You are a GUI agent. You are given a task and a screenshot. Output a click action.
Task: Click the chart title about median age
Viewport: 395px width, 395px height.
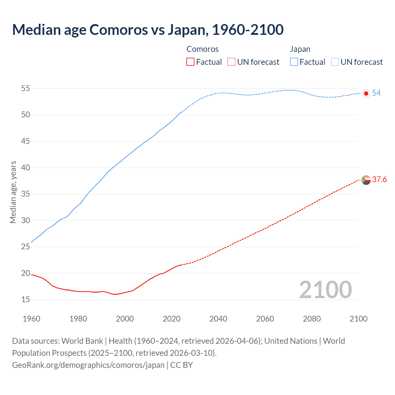(x=148, y=30)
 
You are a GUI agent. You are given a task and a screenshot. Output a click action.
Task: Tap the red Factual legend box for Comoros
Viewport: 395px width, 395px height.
(x=190, y=62)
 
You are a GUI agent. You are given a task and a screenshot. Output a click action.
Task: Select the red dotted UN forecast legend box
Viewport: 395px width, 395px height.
(x=231, y=62)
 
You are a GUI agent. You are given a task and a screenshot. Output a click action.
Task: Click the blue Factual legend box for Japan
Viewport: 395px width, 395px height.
(x=294, y=62)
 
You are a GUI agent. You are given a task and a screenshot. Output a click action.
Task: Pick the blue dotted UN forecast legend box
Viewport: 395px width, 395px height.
(x=335, y=62)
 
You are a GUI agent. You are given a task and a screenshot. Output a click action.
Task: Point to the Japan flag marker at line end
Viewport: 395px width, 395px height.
(x=366, y=94)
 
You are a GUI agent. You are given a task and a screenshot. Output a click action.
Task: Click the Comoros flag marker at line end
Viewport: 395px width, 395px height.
(x=366, y=180)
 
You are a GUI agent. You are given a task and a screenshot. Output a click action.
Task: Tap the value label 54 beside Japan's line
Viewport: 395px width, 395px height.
(x=376, y=93)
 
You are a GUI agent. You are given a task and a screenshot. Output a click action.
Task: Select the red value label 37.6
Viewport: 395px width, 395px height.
(x=379, y=180)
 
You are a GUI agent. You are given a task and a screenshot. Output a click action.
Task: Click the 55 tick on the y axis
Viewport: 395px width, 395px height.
(x=26, y=89)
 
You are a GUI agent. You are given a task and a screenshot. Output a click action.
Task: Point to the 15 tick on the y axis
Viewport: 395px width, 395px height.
(x=26, y=300)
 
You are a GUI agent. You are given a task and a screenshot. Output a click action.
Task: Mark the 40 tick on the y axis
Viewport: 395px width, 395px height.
(x=26, y=168)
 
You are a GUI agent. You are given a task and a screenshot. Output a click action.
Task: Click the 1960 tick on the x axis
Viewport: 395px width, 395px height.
(x=31, y=319)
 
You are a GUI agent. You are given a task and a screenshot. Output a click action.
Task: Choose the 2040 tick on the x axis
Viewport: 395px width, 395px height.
(x=218, y=319)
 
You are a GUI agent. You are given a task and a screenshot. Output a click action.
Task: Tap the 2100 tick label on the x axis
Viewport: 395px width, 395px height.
(x=358, y=319)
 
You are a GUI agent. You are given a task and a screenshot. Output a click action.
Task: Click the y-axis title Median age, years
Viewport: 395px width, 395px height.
(x=13, y=192)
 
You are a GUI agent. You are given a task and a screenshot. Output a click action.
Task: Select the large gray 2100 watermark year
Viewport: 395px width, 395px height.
(x=326, y=290)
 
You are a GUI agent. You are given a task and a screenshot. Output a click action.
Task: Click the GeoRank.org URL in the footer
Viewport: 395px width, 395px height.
(x=88, y=365)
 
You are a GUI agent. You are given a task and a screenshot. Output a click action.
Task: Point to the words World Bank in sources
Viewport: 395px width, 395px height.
(x=82, y=341)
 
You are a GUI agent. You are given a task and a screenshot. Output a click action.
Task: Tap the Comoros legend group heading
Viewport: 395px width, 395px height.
(x=202, y=49)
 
